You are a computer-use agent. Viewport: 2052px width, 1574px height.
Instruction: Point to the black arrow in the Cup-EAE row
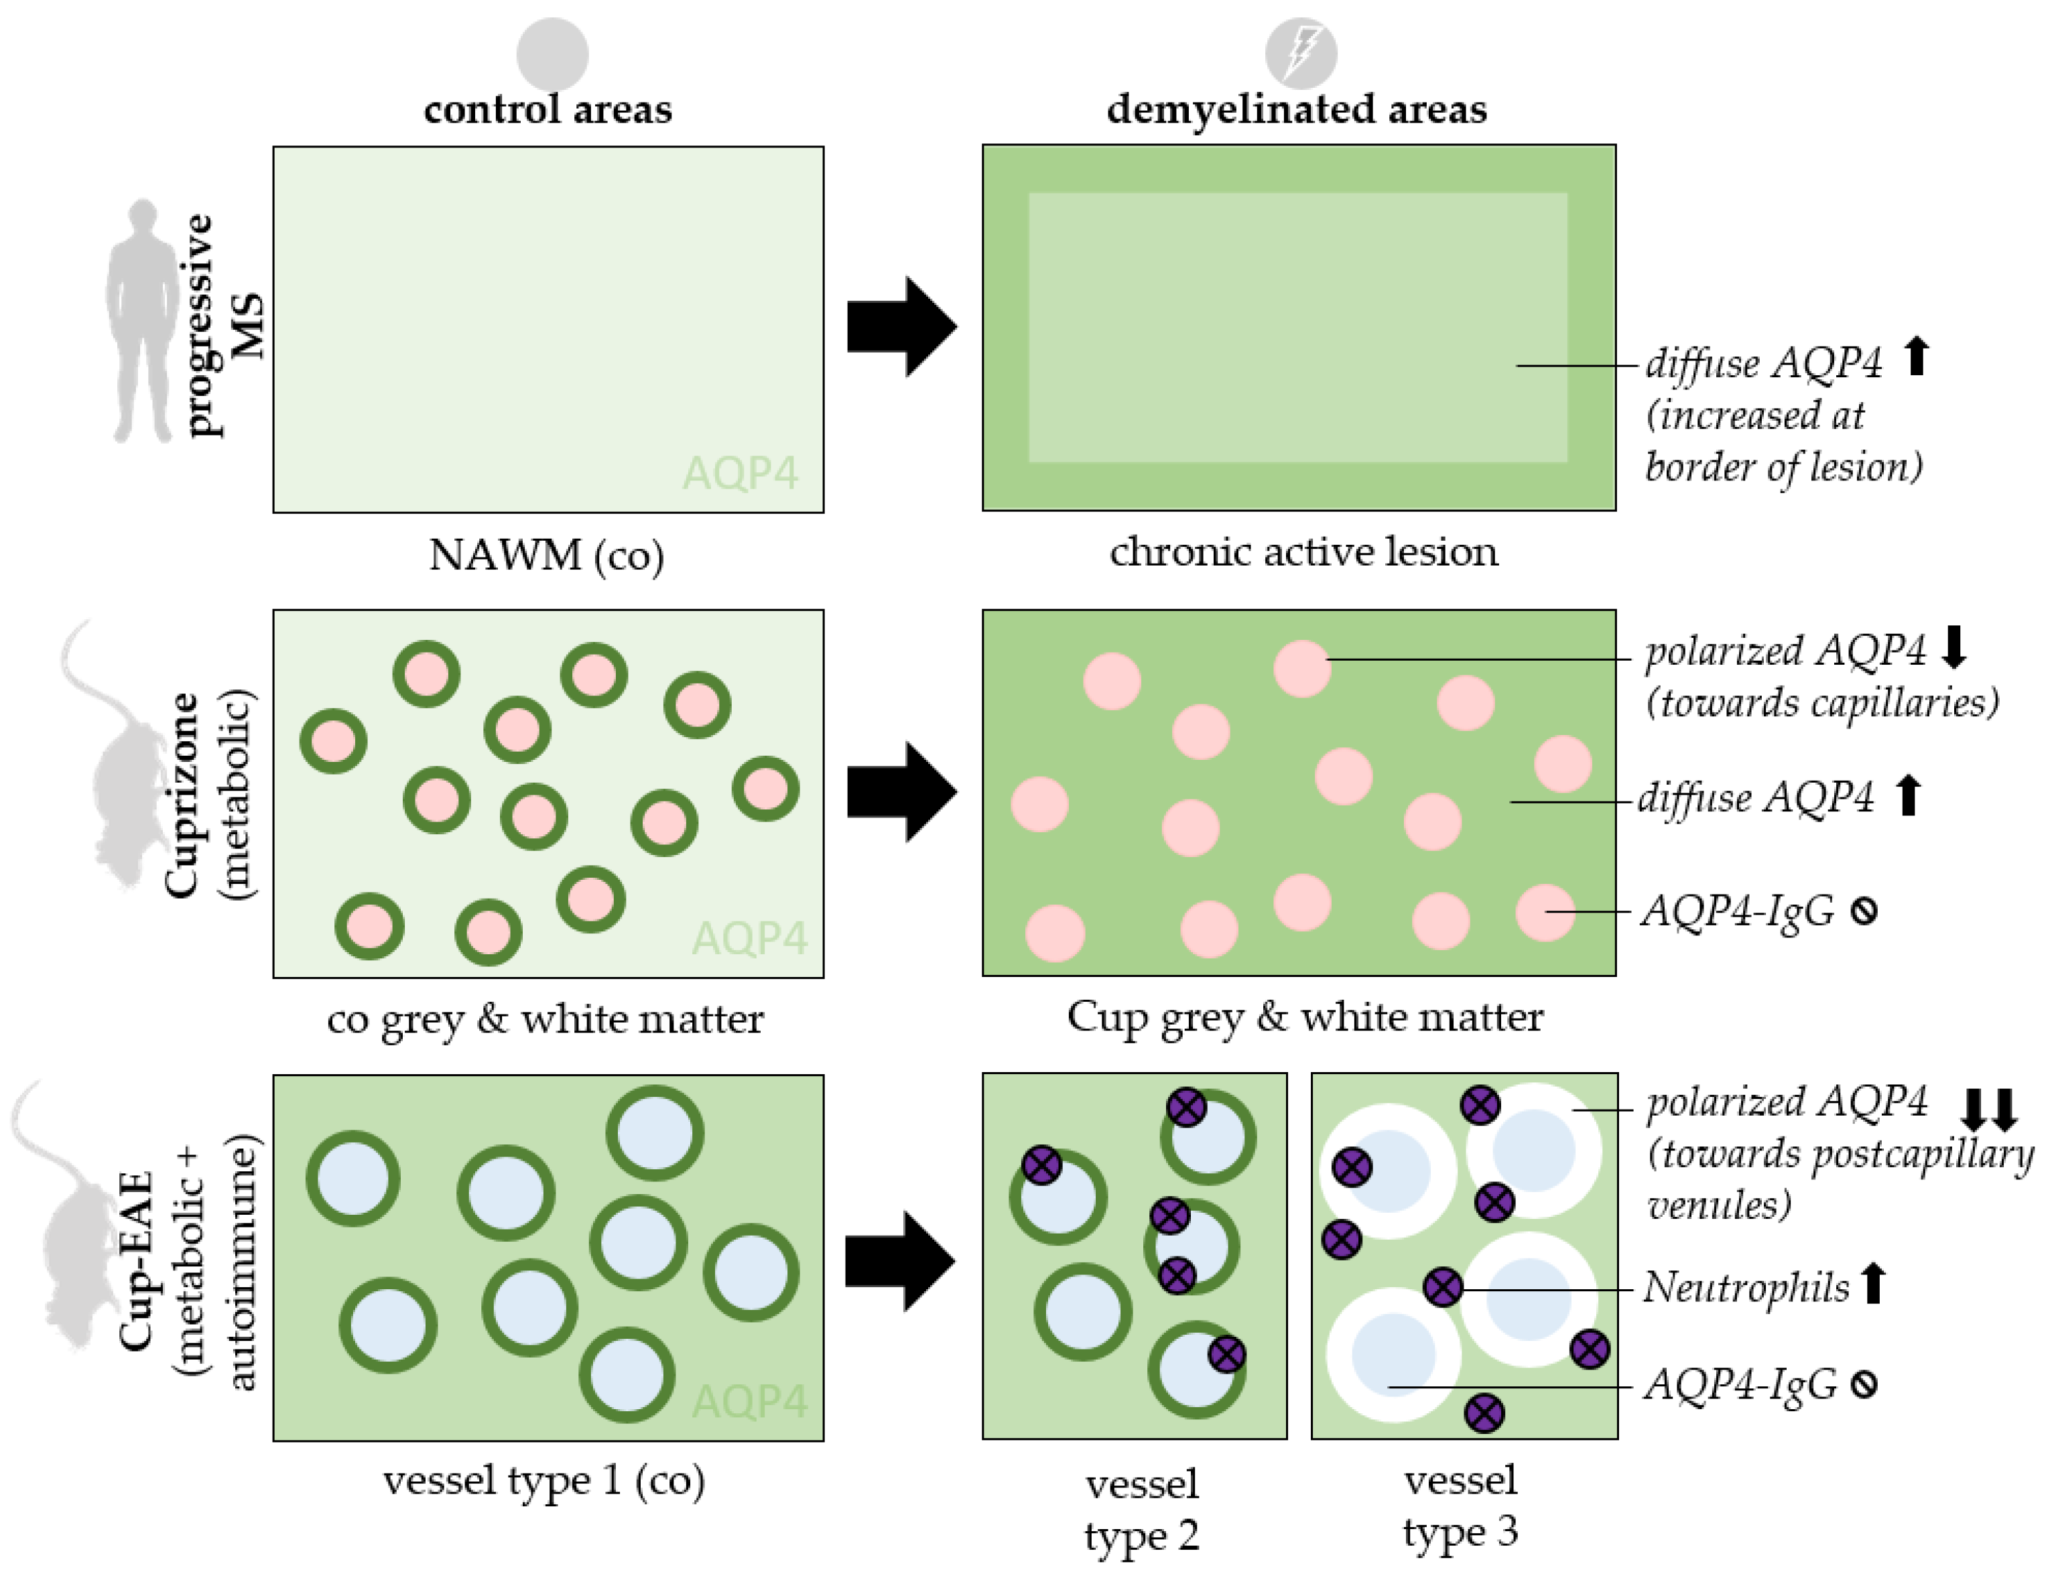pos(899,1260)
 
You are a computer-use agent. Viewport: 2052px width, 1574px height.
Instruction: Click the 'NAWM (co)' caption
pos(546,555)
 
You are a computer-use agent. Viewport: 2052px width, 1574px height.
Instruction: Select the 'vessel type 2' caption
pos(1141,1510)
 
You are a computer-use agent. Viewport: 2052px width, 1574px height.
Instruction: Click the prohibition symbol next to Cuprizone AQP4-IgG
pos(1864,911)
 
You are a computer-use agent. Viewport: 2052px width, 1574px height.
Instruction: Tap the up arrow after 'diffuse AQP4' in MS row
pos(1916,357)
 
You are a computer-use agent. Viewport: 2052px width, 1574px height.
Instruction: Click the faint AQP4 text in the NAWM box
pos(741,473)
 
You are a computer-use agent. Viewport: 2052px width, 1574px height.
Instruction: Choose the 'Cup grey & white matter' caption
pos(1304,1016)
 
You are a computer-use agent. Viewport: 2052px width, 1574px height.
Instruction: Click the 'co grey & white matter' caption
pos(546,1019)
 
